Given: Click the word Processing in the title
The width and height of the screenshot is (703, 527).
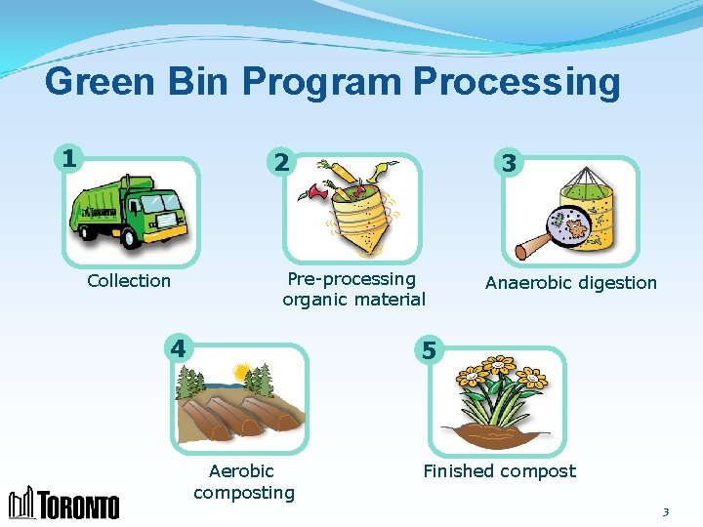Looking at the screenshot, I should tap(517, 82).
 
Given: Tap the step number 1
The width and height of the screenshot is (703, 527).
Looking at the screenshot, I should tap(67, 157).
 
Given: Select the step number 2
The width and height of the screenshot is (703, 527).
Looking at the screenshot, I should tap(280, 162).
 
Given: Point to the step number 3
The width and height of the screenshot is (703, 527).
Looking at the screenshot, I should tap(508, 163).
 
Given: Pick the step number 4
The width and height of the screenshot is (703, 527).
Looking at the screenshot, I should tap(177, 347).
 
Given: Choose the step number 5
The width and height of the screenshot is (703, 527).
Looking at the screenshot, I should tap(428, 348).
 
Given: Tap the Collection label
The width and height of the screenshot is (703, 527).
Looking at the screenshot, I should tap(129, 281).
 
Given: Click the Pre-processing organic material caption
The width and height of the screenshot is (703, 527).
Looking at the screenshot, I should tap(353, 290).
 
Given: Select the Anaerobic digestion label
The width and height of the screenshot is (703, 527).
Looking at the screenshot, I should tap(571, 283).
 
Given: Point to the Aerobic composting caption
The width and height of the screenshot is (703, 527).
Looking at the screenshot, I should tap(243, 482).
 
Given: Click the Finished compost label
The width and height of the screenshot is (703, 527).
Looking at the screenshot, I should tap(499, 471).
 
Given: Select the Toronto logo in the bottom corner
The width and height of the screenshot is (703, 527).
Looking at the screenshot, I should tap(64, 503).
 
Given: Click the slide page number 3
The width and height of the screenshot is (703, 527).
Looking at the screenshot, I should tap(666, 511).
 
